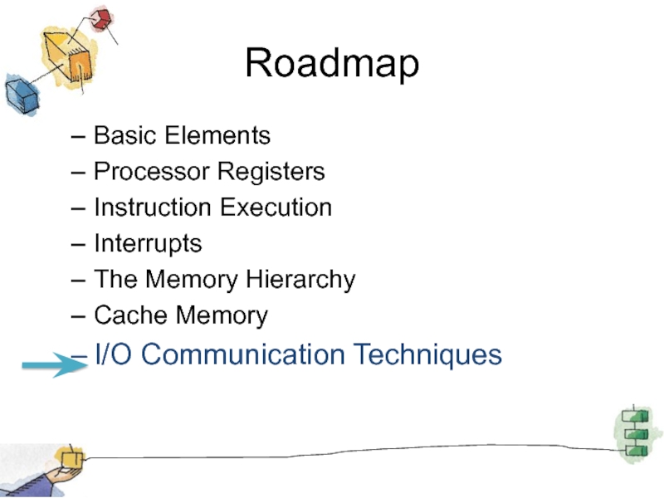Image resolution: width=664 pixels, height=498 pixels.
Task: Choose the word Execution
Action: tap(275, 207)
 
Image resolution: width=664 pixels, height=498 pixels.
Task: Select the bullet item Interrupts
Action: tap(148, 244)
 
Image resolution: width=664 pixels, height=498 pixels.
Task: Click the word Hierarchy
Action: tap(300, 280)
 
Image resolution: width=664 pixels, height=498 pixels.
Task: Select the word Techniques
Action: tap(428, 355)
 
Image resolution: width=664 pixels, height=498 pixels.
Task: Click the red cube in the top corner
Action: tap(102, 18)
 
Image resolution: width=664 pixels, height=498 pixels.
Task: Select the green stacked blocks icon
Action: tap(636, 432)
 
